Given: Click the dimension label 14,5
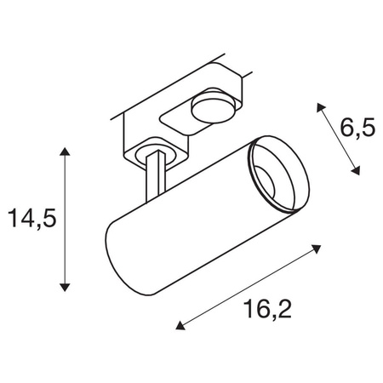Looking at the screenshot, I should [33, 219].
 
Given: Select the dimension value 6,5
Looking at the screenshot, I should [357, 128].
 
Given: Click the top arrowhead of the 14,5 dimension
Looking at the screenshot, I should [65, 151].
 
